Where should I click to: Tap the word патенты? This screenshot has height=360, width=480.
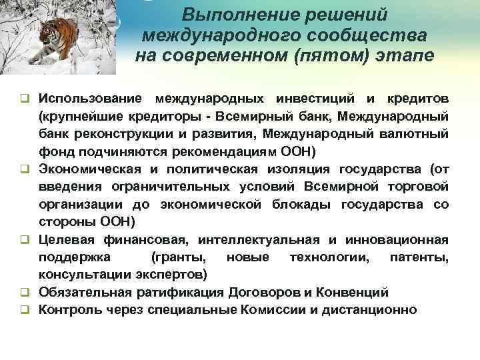tap(421, 257)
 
